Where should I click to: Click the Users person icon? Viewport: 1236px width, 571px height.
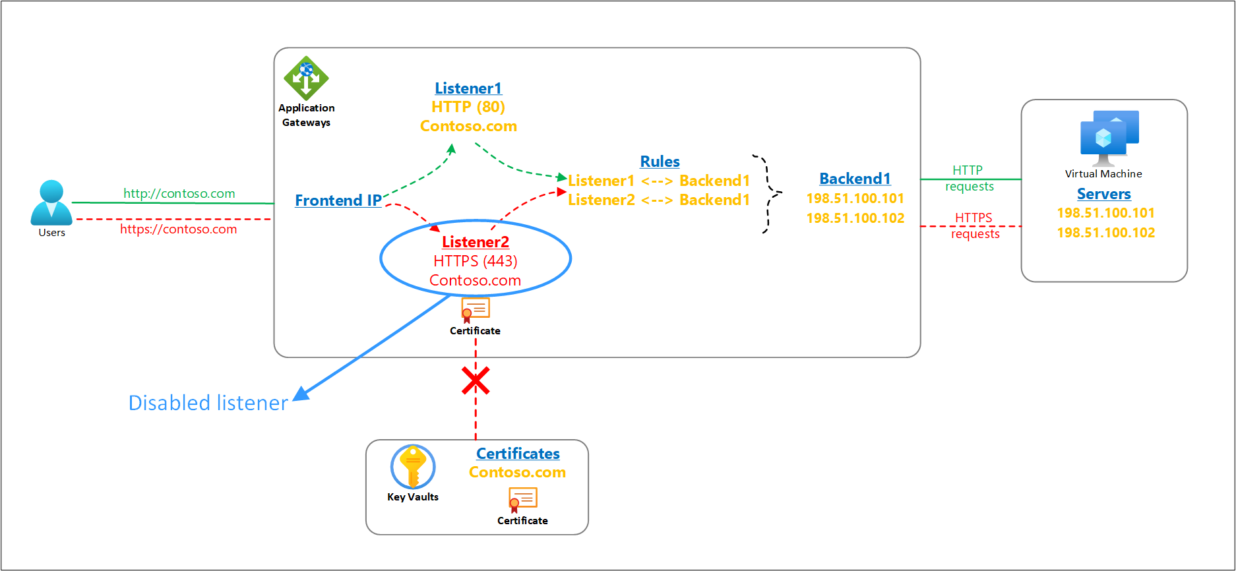[x=51, y=203]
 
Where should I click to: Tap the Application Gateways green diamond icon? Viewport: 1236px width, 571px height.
[x=306, y=78]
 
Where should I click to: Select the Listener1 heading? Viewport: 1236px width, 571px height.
[x=468, y=88]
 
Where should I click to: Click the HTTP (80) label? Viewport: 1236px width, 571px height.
[x=468, y=107]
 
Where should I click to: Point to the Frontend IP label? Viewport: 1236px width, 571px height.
[x=338, y=200]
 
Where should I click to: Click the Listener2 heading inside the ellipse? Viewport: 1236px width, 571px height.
[x=476, y=242]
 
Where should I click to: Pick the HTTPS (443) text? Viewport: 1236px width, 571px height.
[x=476, y=261]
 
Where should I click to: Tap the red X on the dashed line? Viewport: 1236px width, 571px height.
[x=476, y=381]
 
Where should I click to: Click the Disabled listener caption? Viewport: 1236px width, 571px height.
[x=208, y=403]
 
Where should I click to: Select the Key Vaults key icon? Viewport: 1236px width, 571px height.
[x=413, y=466]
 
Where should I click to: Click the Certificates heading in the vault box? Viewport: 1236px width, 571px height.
[x=518, y=454]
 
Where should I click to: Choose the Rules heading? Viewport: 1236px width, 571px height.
[x=660, y=162]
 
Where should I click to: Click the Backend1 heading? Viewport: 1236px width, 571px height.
[x=855, y=179]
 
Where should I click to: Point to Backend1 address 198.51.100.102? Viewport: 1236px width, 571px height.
[x=855, y=218]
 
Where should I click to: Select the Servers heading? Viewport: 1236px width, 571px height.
[x=1103, y=194]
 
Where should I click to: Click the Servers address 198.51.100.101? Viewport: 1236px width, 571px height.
[x=1106, y=213]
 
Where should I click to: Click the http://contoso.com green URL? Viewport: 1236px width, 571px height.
[x=179, y=193]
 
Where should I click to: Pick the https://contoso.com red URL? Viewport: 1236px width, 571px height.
[x=179, y=229]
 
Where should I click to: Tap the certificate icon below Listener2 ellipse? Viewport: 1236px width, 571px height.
[x=475, y=309]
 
